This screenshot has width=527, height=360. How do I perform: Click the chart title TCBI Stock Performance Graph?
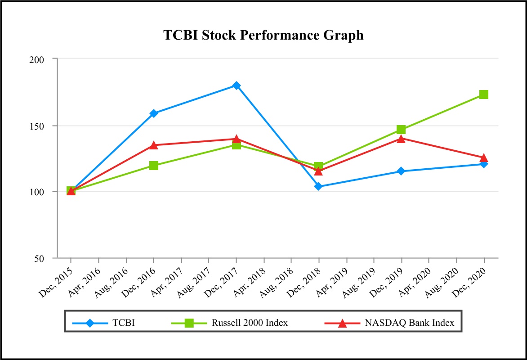[263, 36]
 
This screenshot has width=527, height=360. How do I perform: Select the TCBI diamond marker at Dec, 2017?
[237, 85]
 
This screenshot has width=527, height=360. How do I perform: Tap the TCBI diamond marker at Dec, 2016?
[154, 113]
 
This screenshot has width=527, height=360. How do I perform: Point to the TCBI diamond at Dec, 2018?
[318, 186]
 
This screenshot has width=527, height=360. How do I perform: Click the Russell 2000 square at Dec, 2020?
[484, 94]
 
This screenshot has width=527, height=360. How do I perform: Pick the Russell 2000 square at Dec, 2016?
[154, 166]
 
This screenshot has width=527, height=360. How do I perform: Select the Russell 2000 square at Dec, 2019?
[401, 130]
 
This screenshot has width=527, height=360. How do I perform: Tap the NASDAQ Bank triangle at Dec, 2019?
[401, 139]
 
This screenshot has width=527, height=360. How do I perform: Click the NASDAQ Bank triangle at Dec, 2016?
[154, 145]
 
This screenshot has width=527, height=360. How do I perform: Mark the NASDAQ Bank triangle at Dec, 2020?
[484, 157]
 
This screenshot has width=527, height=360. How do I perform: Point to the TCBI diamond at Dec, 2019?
[401, 171]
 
